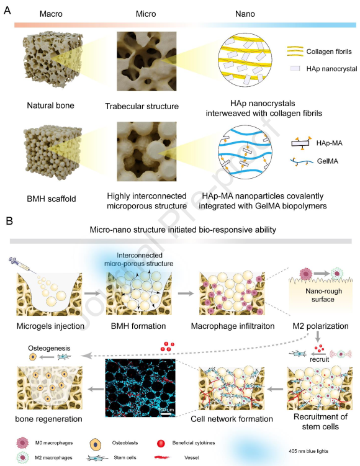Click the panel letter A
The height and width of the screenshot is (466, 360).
coord(7,11)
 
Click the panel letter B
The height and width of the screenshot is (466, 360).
coord(9,221)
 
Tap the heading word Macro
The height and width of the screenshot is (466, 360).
coord(51,14)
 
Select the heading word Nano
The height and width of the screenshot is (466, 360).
coord(245,14)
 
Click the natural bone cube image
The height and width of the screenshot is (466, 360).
coord(53,59)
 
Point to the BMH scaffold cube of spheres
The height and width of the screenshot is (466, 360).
coord(53,152)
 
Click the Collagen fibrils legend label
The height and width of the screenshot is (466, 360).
coord(329,52)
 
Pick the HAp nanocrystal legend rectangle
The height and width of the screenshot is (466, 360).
coord(295,68)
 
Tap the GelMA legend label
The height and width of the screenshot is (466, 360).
coord(328,161)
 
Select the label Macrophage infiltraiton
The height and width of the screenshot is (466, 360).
coord(233,326)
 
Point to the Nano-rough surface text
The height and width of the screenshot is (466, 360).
coord(323,295)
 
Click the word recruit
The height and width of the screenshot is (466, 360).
coord(319,359)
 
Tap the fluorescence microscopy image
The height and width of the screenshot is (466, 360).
coord(140,388)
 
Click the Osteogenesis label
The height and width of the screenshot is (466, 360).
coord(50,348)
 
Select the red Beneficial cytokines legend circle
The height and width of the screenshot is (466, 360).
coord(161,444)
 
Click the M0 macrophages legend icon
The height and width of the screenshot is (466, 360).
coord(22,443)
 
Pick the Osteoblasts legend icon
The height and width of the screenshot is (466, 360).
coord(96,444)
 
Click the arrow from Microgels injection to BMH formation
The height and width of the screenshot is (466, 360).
coord(92,293)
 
